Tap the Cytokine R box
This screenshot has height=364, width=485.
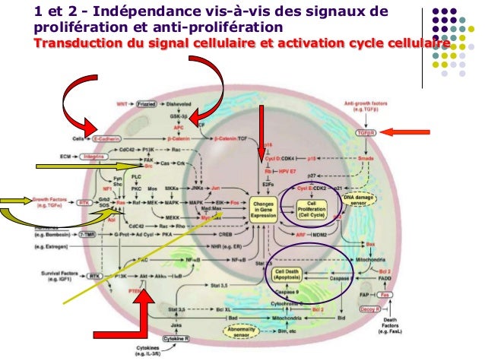(x=179, y=337)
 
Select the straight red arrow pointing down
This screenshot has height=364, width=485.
(x=262, y=137)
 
